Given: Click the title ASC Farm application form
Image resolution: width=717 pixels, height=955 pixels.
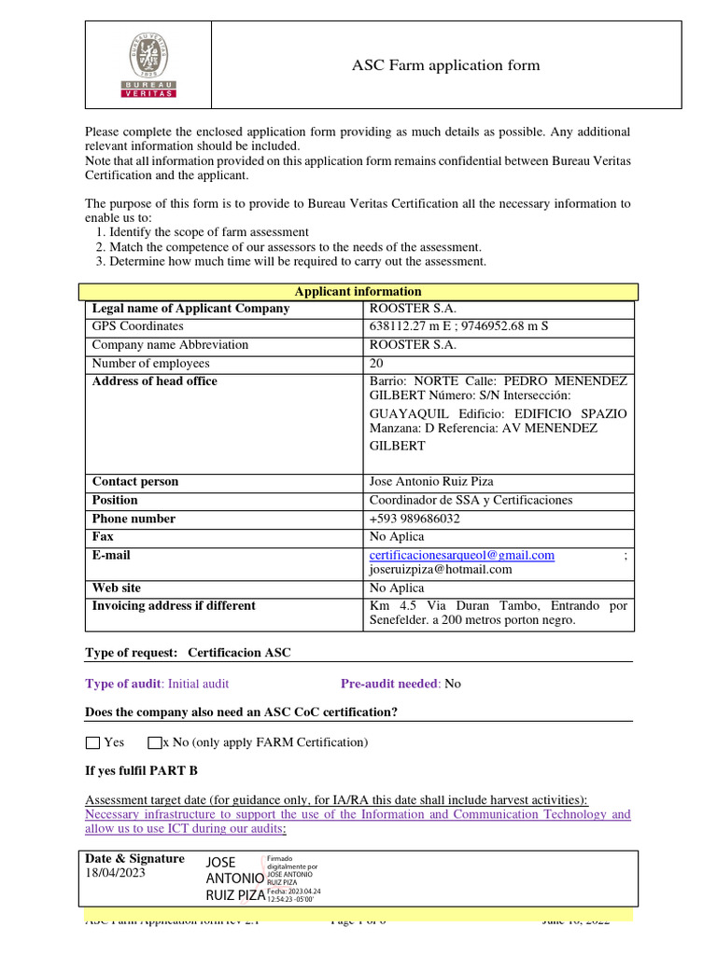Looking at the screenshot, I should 445,65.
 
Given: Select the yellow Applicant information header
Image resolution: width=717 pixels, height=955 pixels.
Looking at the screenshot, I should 358,292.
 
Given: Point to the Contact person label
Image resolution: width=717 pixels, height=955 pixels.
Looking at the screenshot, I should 135,481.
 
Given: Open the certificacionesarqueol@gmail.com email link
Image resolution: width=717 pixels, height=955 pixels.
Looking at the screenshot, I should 462,555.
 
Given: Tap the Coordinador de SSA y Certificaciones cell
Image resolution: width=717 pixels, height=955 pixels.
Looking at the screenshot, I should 471,500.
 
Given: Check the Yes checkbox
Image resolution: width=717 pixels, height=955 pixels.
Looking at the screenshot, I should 91,743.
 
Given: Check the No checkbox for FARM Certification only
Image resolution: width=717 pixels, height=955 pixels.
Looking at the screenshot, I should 155,743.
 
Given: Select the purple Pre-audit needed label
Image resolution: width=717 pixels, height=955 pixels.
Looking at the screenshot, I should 388,684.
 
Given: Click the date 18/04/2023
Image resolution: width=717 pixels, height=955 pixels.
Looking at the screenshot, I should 116,874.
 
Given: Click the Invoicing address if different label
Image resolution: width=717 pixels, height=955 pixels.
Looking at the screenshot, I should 174,605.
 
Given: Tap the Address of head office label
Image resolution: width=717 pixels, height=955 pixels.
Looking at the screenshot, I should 154,381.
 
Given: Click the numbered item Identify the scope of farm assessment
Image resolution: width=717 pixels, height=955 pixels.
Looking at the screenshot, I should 209,231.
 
